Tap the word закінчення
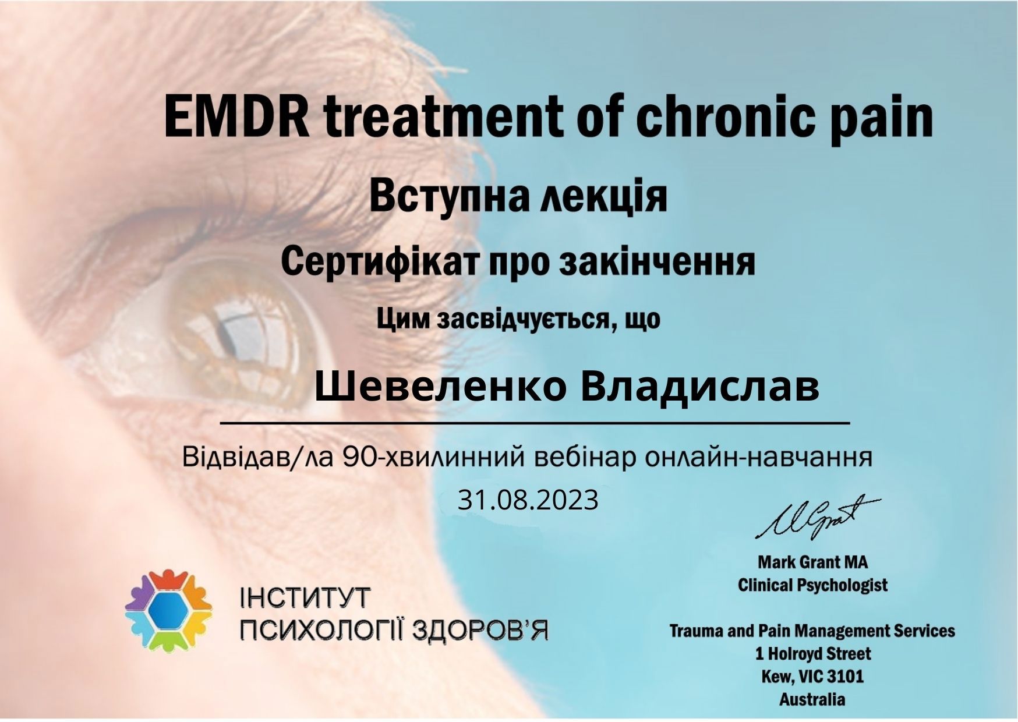pyautogui.click(x=657, y=262)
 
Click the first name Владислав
pyautogui.click(x=700, y=387)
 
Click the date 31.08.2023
pyautogui.click(x=528, y=500)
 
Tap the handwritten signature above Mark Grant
pyautogui.click(x=818, y=517)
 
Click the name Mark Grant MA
pyautogui.click(x=812, y=562)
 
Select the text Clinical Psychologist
pyautogui.click(x=812, y=585)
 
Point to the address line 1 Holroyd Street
pyautogui.click(x=813, y=653)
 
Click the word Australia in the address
pyautogui.click(x=812, y=699)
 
